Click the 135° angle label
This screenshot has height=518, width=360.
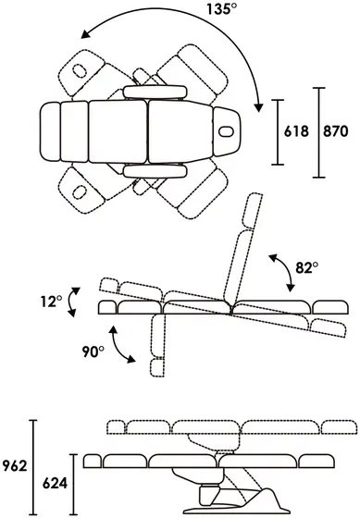222,8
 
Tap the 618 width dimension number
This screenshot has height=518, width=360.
296,131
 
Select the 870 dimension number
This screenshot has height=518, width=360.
336,131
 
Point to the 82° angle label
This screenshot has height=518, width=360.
306,267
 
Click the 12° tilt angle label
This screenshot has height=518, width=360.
51,302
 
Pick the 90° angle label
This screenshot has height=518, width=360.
93,351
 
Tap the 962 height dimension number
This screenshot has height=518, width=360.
15,466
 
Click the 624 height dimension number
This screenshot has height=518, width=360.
55,484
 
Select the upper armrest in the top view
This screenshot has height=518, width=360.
155,92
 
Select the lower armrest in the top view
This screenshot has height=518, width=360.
155,171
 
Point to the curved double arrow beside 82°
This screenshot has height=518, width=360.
282,273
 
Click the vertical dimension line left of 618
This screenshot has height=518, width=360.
278,132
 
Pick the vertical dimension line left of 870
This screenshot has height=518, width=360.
319,132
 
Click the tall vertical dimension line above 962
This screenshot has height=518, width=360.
33,467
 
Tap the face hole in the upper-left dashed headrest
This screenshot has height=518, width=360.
80,71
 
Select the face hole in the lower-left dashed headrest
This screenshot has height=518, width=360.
80,192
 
